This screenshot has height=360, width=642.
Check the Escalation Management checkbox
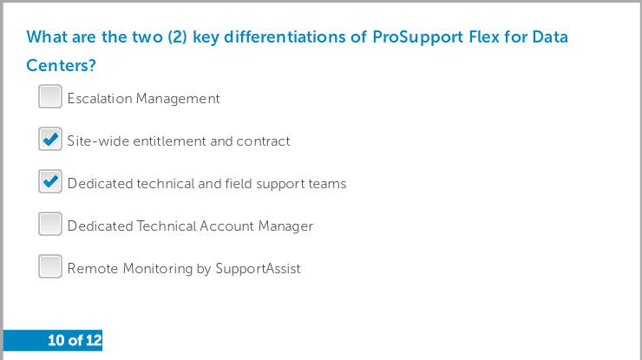tap(50, 96)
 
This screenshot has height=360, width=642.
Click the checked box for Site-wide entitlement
tap(50, 139)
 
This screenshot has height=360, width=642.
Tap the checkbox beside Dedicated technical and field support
tap(50, 181)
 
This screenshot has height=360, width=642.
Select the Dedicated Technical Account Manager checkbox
tap(50, 224)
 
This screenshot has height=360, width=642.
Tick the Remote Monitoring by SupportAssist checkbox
tap(50, 266)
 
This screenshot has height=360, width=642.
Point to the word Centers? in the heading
tap(61, 66)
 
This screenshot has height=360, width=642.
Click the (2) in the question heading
tap(177, 37)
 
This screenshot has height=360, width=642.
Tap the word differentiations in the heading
tap(285, 36)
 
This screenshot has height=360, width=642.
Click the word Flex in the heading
tap(484, 36)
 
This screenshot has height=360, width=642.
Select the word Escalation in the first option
tap(100, 99)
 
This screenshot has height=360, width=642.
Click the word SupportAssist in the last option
tap(258, 269)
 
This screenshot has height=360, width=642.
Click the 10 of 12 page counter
tap(75, 340)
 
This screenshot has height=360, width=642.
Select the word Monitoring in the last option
tap(158, 269)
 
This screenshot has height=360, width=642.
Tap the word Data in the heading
tap(550, 36)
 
